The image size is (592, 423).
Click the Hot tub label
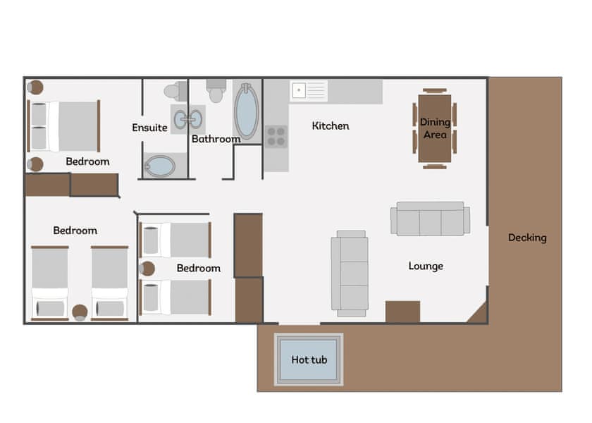point(309,360)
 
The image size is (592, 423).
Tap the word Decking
point(527,238)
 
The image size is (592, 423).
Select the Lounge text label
point(426,266)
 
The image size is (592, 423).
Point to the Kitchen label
point(331,125)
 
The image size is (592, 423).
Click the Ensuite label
point(149,128)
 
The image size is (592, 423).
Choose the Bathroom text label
point(216,139)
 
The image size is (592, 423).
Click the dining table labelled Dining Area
point(435,128)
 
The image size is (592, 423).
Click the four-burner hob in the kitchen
point(276,135)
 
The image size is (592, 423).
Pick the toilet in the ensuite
point(173,91)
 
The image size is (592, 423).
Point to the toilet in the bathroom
point(216,90)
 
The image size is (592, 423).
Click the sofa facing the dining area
point(430,219)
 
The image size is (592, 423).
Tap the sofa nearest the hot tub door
point(350,273)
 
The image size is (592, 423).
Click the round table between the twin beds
point(80,312)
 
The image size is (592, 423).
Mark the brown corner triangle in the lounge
point(479,313)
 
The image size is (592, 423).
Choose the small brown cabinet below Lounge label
point(402,312)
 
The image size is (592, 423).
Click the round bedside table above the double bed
point(35,87)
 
